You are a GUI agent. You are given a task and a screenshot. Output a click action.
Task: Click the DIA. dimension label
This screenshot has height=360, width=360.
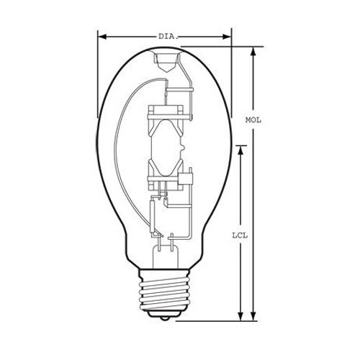click(168, 35)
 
